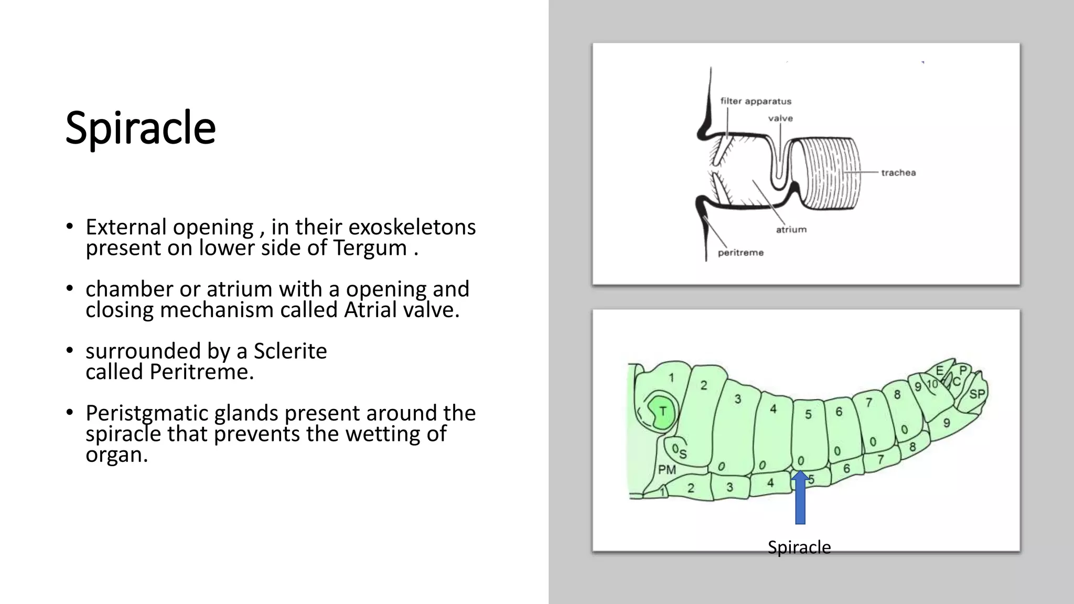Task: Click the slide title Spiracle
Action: pyautogui.click(x=140, y=128)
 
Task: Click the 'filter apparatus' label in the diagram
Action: pyautogui.click(x=755, y=101)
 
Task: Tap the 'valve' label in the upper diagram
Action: pyautogui.click(x=780, y=118)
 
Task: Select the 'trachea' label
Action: pyautogui.click(x=898, y=172)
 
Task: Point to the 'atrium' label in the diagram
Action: pyautogui.click(x=791, y=230)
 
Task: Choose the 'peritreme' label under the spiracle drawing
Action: pyautogui.click(x=740, y=253)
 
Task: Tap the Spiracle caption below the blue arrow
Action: pyautogui.click(x=799, y=547)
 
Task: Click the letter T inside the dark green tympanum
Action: pyautogui.click(x=663, y=412)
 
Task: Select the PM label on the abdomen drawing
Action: pyautogui.click(x=667, y=470)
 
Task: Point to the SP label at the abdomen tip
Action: pyautogui.click(x=976, y=394)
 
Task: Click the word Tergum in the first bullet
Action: pyautogui.click(x=370, y=248)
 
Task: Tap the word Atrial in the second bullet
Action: pyautogui.click(x=370, y=310)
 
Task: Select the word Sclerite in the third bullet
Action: pyautogui.click(x=290, y=351)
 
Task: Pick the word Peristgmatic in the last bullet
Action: pyautogui.click(x=147, y=414)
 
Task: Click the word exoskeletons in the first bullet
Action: pyautogui.click(x=412, y=228)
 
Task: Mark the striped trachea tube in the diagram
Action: pyautogui.click(x=831, y=173)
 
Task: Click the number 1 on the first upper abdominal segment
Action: pyautogui.click(x=671, y=377)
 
